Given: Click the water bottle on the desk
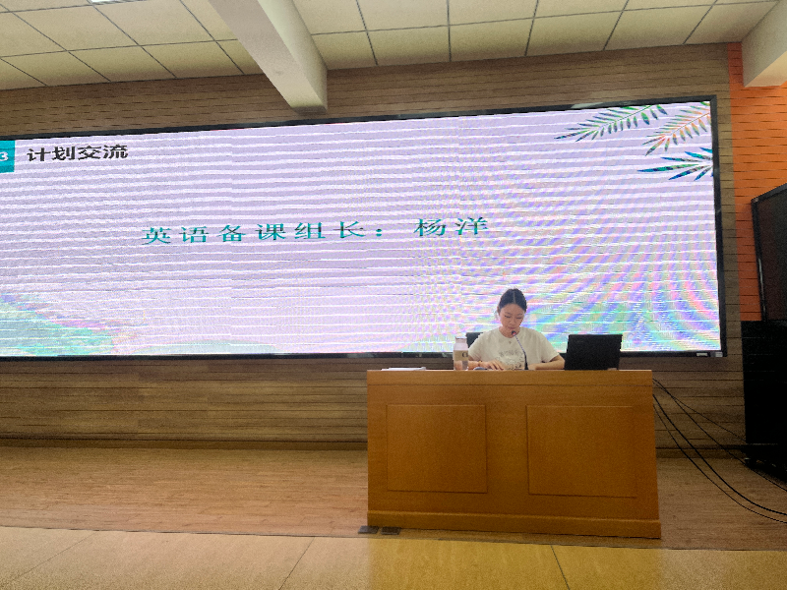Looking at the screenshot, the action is pos(460,354).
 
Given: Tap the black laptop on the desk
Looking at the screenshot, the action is pos(593,352).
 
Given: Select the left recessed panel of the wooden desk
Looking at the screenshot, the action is pos(436,448).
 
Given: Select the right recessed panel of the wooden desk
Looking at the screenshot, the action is pos(580,451).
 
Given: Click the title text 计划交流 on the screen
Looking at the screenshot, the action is pos(78,152).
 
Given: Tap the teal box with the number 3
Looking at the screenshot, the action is pos(7,156).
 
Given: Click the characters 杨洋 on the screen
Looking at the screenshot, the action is pos(451,227).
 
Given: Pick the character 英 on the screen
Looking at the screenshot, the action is pos(156,235).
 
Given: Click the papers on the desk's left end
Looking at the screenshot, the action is pos(404,369).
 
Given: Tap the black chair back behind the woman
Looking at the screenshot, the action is pos(473,337).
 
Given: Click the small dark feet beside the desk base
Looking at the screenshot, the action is pos(380,530).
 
